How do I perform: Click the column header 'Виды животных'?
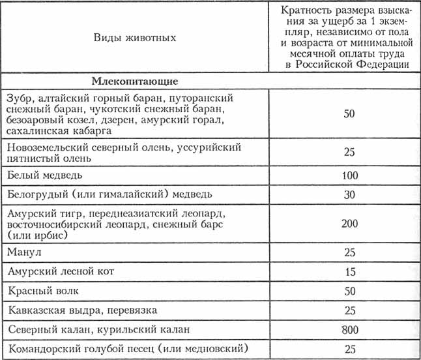[x=135, y=38]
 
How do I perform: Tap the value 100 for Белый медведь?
[x=349, y=175]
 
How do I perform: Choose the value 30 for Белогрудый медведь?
[x=349, y=194]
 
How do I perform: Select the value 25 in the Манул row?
[x=349, y=250]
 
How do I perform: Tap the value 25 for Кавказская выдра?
[x=349, y=308]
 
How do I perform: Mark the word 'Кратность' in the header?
[x=307, y=11]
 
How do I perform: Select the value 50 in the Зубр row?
[x=349, y=113]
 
